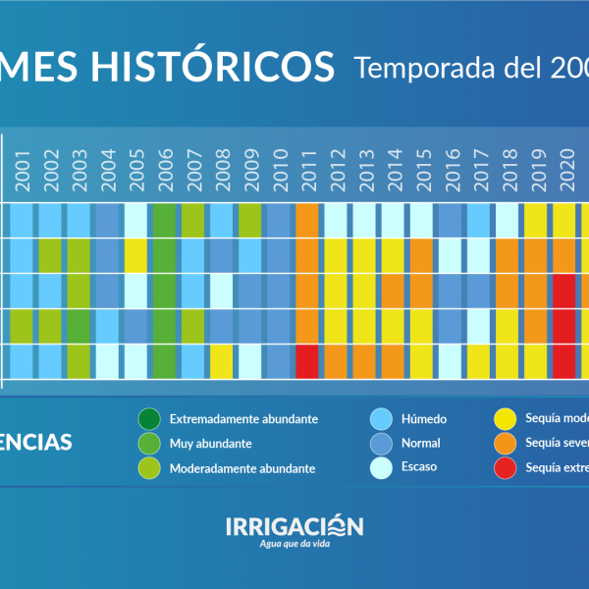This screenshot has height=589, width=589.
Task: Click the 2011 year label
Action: [307, 168]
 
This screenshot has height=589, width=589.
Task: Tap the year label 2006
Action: [165, 168]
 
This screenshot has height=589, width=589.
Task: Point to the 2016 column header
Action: [451, 168]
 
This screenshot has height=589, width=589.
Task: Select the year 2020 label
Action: [564, 168]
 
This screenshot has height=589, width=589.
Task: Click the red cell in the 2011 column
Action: [307, 361]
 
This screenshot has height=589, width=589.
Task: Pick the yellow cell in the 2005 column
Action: [136, 255]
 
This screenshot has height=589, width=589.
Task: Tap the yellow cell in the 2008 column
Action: [222, 361]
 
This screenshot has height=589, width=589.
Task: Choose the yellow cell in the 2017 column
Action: [479, 361]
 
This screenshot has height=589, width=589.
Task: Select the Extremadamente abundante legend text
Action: [242, 419]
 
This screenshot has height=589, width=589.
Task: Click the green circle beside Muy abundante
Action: [150, 444]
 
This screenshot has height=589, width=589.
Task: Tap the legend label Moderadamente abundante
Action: [241, 468]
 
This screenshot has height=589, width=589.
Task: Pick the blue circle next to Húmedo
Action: [382, 419]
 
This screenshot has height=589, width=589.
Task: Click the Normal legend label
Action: [420, 444]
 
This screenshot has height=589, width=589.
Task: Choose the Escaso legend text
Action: [419, 467]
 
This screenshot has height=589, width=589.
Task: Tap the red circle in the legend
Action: [505, 467]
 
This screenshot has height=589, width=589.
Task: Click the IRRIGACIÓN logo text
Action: [294, 526]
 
